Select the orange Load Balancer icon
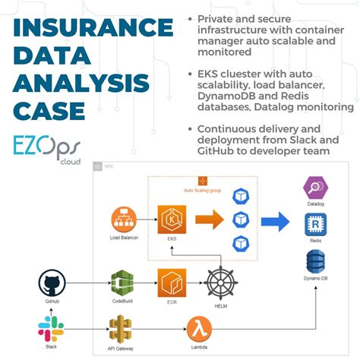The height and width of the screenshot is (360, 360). click(123, 221)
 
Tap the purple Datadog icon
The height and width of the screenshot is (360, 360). click(315, 187)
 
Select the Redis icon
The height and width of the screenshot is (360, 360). click(315, 225)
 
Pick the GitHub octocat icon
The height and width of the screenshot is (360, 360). click(50, 286)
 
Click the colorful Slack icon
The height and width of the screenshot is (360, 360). click(50, 328)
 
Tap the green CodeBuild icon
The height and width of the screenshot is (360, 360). click(123, 284)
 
